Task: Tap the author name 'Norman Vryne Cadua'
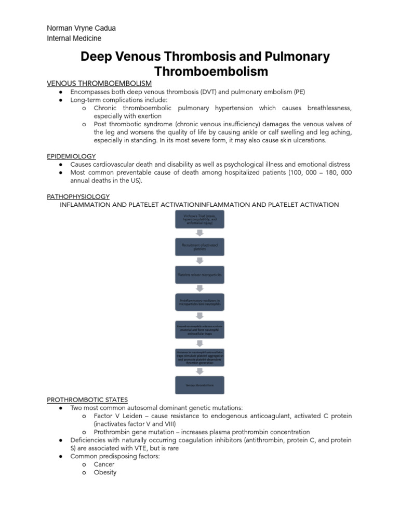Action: pos(81,28)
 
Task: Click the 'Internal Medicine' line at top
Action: pos(74,38)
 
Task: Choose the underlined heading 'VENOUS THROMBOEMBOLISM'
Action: pos(99,83)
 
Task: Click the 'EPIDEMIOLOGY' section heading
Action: pos(71,156)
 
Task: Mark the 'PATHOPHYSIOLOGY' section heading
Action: pos(78,196)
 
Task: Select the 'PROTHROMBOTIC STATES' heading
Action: pos(87,400)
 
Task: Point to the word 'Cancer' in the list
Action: pos(104,464)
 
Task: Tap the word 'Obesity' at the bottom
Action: pos(105,472)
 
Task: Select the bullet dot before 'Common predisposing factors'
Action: pos(61,456)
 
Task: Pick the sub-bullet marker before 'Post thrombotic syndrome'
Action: pos(84,124)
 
